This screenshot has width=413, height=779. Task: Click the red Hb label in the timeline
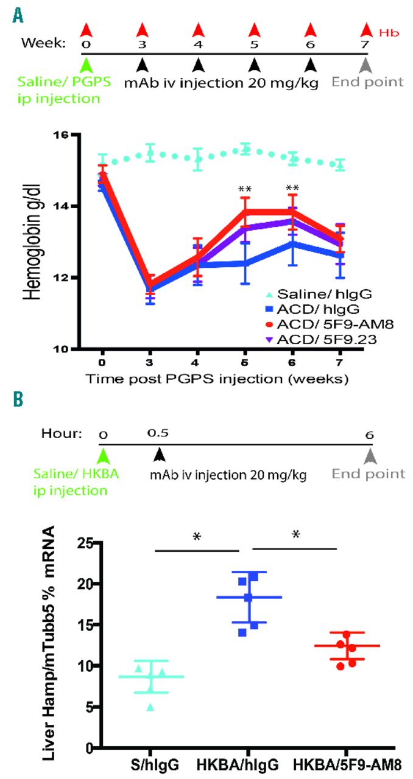[389, 30]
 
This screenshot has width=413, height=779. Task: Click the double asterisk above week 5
[245, 189]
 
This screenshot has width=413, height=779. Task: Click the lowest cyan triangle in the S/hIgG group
[150, 707]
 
